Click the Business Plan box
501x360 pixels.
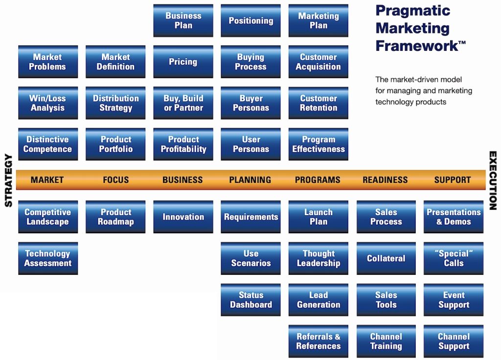tap(183, 21)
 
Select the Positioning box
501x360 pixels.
tap(250, 21)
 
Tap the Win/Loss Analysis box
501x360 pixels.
tap(47, 103)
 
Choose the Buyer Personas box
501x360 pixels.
tap(250, 103)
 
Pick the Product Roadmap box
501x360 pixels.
tap(115, 217)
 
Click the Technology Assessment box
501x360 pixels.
tap(47, 258)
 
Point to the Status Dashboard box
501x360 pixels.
tap(250, 300)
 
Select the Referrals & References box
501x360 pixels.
tap(318, 341)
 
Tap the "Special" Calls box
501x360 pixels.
tap(454, 258)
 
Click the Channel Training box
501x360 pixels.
tap(386, 341)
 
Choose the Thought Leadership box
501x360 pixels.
tap(318, 258)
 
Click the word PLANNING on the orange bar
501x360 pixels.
tap(250, 180)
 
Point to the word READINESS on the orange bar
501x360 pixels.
tap(385, 180)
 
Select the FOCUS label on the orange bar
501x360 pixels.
tap(116, 180)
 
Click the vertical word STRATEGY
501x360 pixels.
tap(8, 180)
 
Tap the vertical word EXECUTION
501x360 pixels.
tap(493, 180)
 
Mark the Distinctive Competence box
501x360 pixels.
tap(47, 144)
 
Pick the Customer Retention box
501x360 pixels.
tap(318, 103)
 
